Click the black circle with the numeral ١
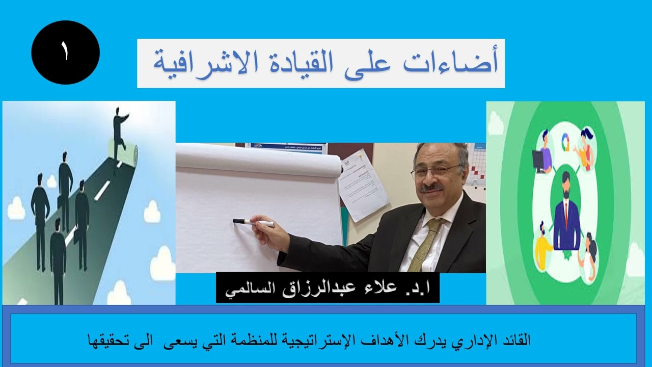tap(65, 53)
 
